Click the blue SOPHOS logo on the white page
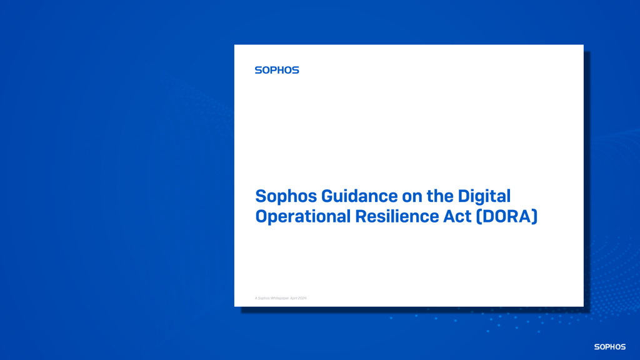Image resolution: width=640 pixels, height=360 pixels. click(277, 70)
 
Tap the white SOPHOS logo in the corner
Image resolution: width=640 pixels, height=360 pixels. click(609, 347)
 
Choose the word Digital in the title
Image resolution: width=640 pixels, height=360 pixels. click(484, 196)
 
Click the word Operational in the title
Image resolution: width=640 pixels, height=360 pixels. click(303, 217)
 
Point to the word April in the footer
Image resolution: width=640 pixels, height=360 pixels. click(294, 298)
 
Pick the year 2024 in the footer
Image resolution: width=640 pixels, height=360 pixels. click(302, 298)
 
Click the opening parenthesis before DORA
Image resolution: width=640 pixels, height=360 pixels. click(479, 216)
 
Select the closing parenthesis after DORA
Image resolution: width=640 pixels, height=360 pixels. click(535, 216)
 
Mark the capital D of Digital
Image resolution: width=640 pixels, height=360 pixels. click(464, 196)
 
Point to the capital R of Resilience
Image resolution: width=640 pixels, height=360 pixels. click(361, 216)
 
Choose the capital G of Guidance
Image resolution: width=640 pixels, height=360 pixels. click(328, 196)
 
